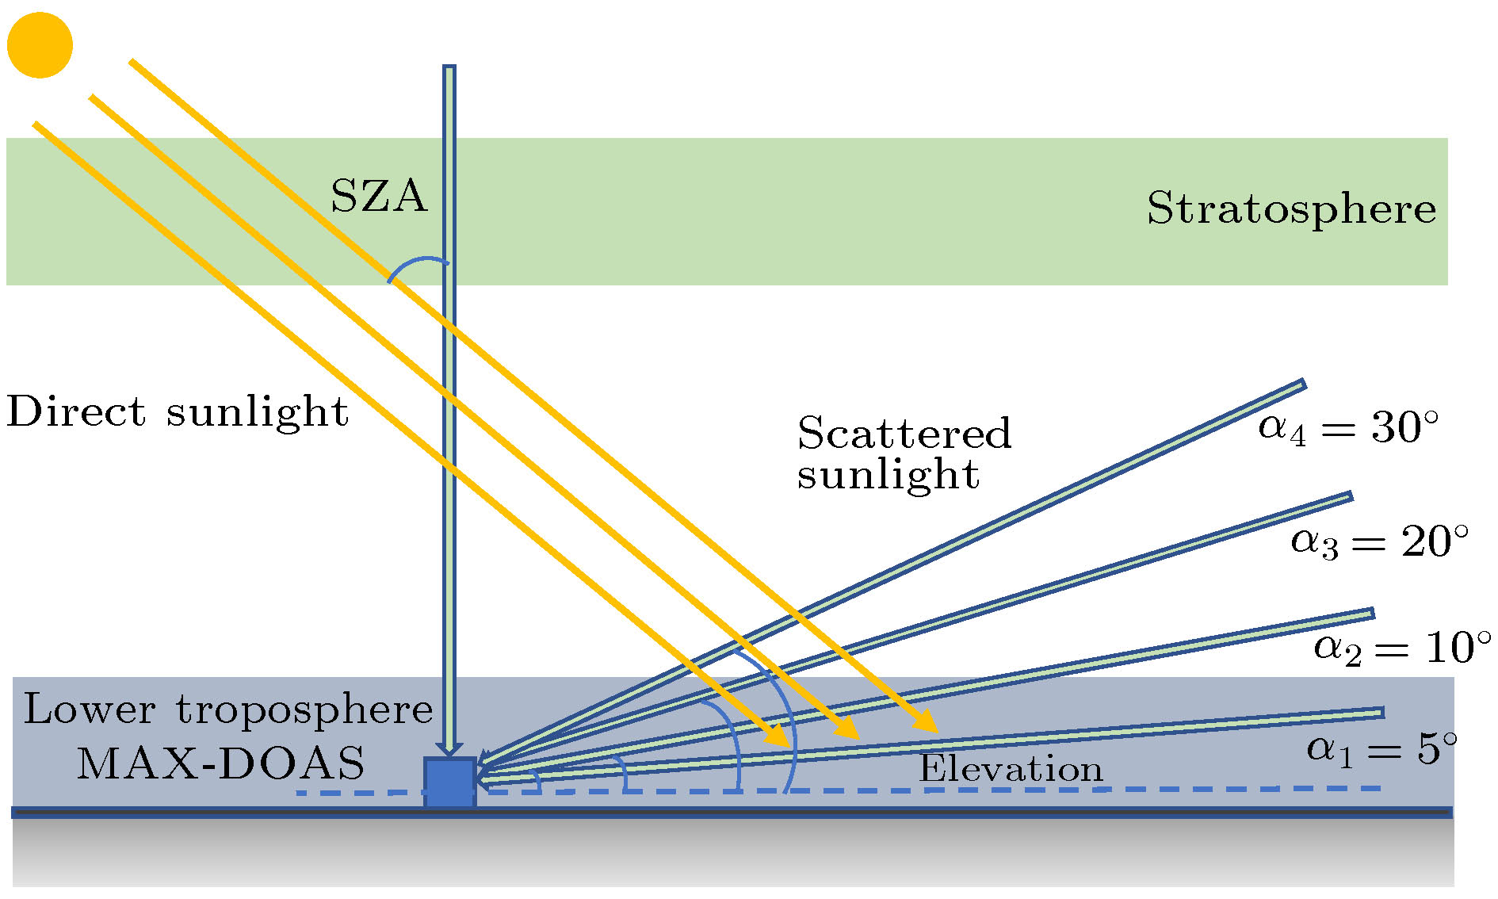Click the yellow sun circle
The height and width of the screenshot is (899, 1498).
click(x=40, y=45)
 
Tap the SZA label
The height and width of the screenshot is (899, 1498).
click(x=379, y=196)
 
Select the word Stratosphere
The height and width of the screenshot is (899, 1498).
click(x=1291, y=209)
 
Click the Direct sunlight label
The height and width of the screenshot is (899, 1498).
click(x=178, y=412)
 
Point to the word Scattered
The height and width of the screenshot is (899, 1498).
click(x=904, y=433)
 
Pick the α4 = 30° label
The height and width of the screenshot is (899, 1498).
click(x=1348, y=428)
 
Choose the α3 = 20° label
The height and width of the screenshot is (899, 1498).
click(x=1380, y=542)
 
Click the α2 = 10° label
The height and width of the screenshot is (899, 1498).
click(x=1402, y=648)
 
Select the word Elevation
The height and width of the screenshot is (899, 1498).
click(x=1011, y=769)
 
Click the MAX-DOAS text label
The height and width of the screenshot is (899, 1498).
click(x=220, y=763)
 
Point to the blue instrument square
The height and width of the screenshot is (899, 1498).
click(x=450, y=782)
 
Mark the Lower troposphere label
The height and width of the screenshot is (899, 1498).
click(x=228, y=709)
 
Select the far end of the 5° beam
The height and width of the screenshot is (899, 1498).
click(x=1381, y=713)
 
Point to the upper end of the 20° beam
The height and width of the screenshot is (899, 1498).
click(x=1349, y=497)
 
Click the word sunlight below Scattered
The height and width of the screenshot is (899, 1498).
click(x=888, y=475)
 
